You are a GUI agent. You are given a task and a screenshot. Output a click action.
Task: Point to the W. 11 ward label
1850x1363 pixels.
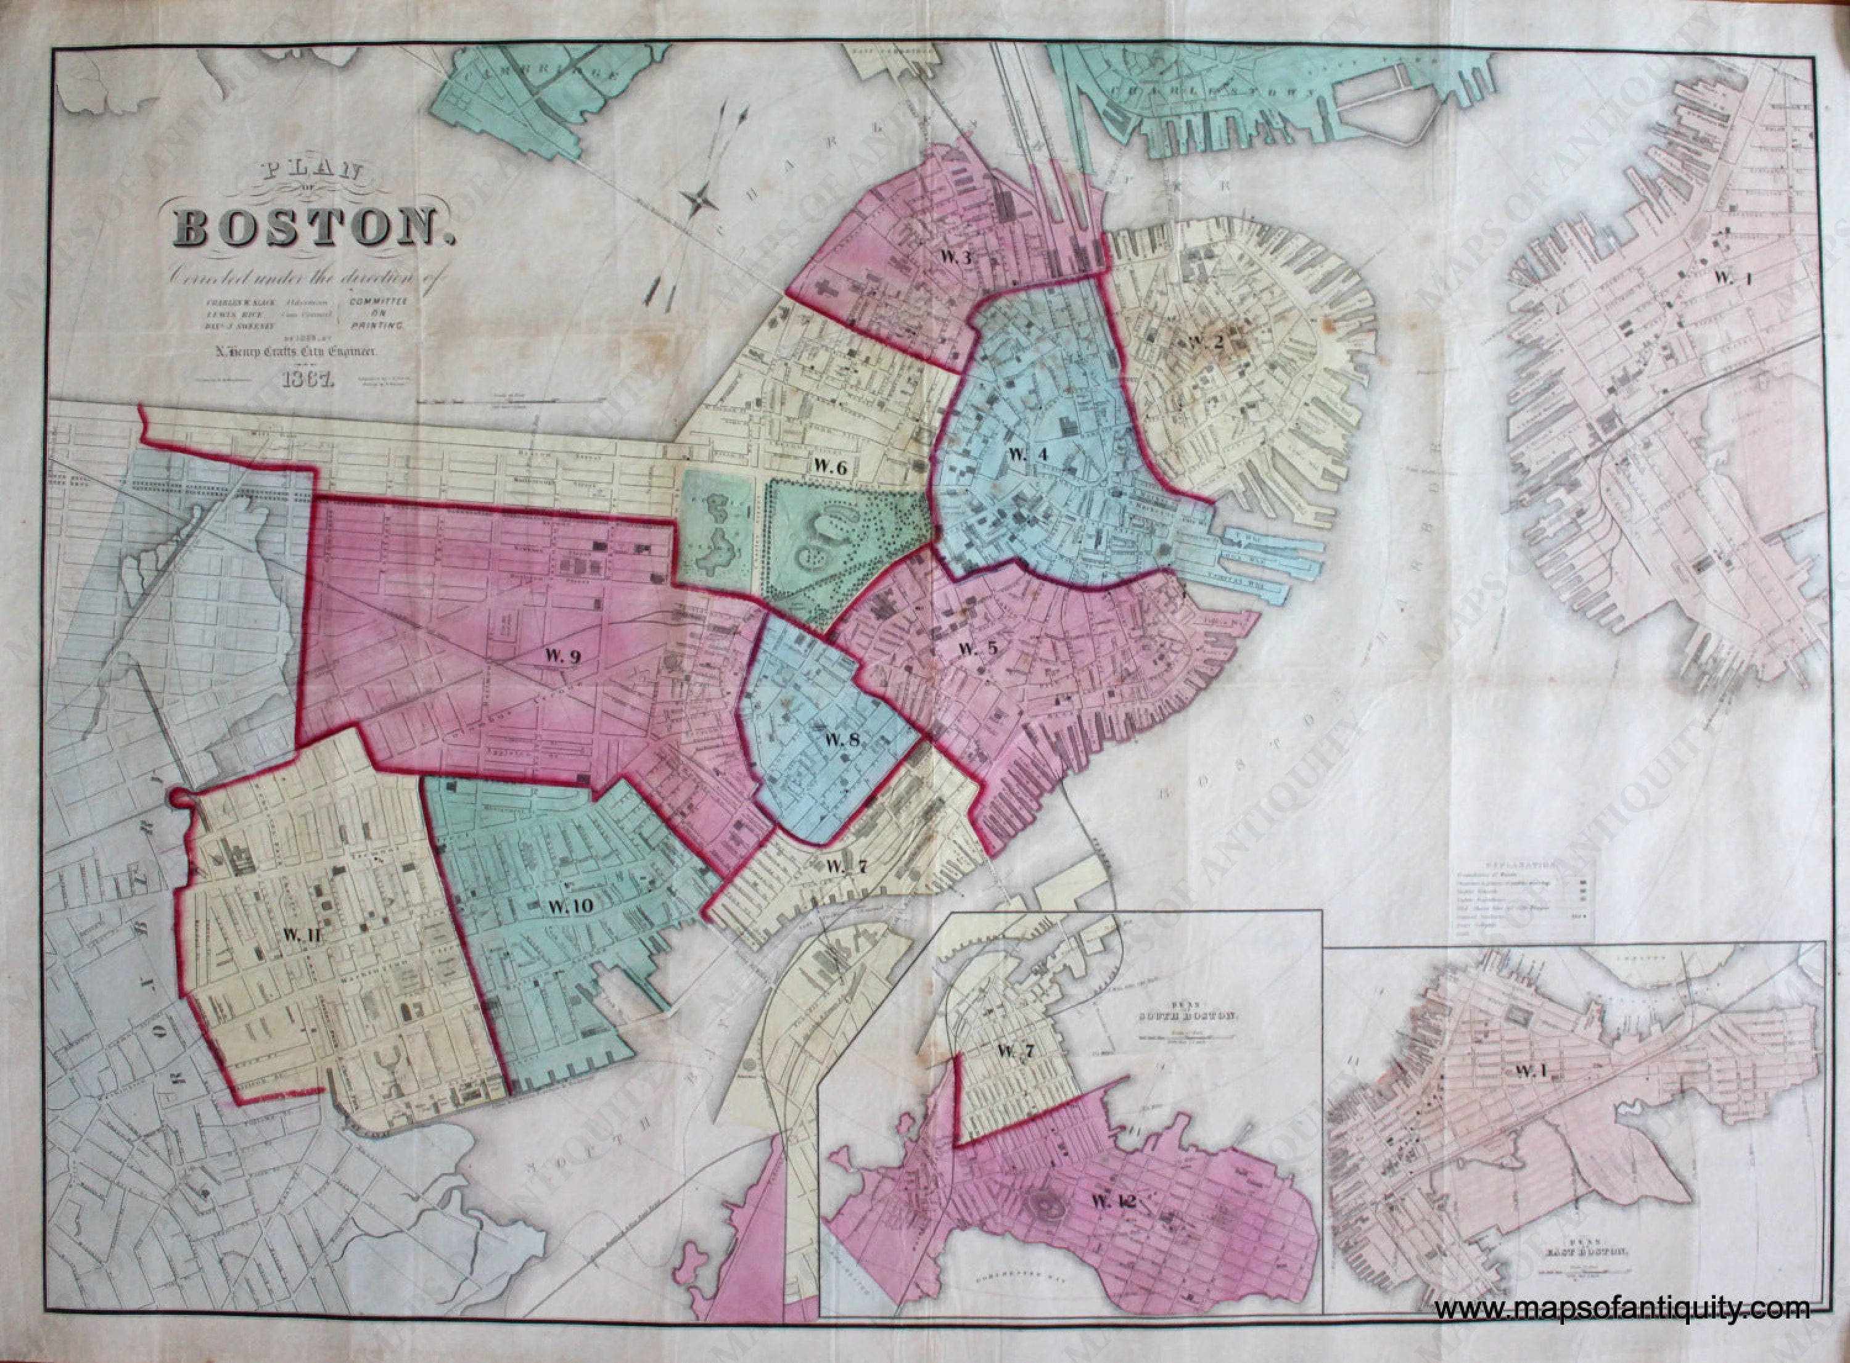click(301, 935)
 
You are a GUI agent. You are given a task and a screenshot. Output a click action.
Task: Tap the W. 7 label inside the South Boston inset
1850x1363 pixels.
click(1014, 1051)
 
